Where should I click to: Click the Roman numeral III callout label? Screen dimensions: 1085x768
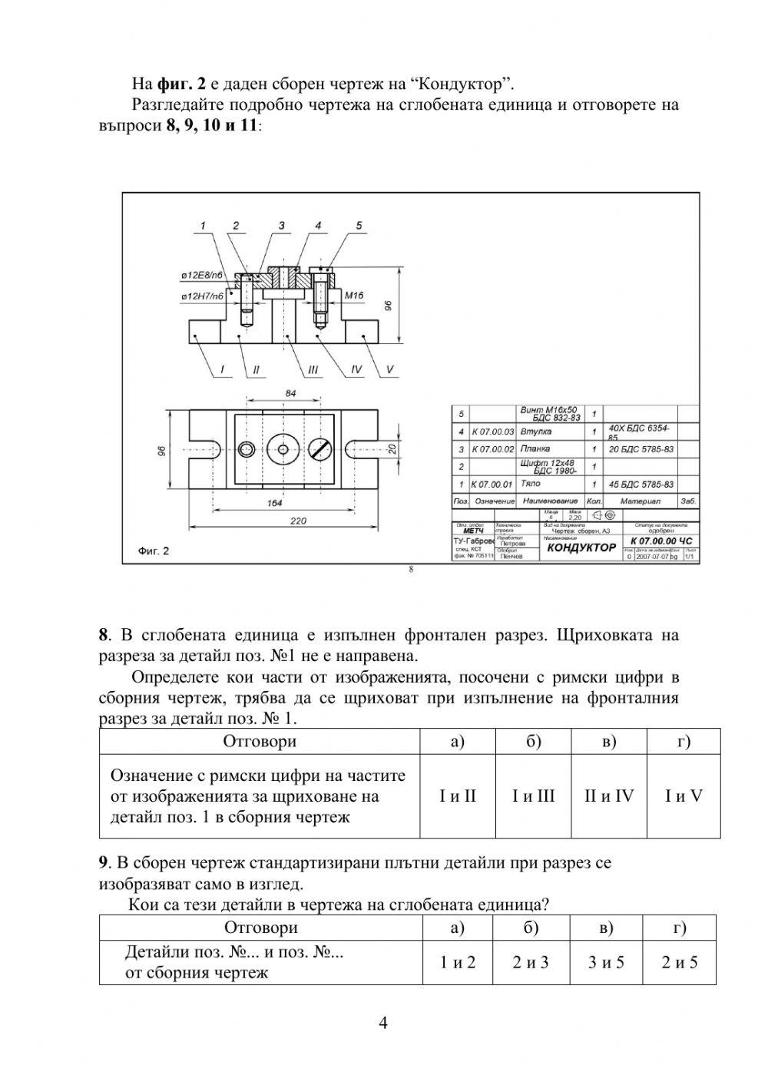click(x=313, y=370)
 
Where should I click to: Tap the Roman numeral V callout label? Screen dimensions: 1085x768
click(x=389, y=370)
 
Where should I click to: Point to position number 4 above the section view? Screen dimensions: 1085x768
click(x=318, y=226)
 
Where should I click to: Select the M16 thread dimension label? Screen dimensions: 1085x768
click(x=353, y=295)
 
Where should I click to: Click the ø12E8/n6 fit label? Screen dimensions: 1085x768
click(x=202, y=275)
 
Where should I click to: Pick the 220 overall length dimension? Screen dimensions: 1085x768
click(x=298, y=521)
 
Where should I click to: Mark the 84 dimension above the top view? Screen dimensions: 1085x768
click(x=290, y=393)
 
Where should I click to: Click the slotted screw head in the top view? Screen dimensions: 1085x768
click(x=320, y=448)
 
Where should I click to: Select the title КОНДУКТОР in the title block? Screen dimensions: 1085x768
click(x=581, y=547)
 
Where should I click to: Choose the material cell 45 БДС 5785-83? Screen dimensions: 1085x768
click(x=641, y=485)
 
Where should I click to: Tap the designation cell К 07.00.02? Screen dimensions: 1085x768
click(x=492, y=449)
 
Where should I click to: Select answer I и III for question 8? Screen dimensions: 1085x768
click(x=533, y=796)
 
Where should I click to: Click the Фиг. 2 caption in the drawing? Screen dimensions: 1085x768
click(x=153, y=551)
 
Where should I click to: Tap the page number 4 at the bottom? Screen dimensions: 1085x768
click(x=384, y=1022)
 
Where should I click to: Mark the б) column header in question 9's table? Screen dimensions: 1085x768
click(x=531, y=928)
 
